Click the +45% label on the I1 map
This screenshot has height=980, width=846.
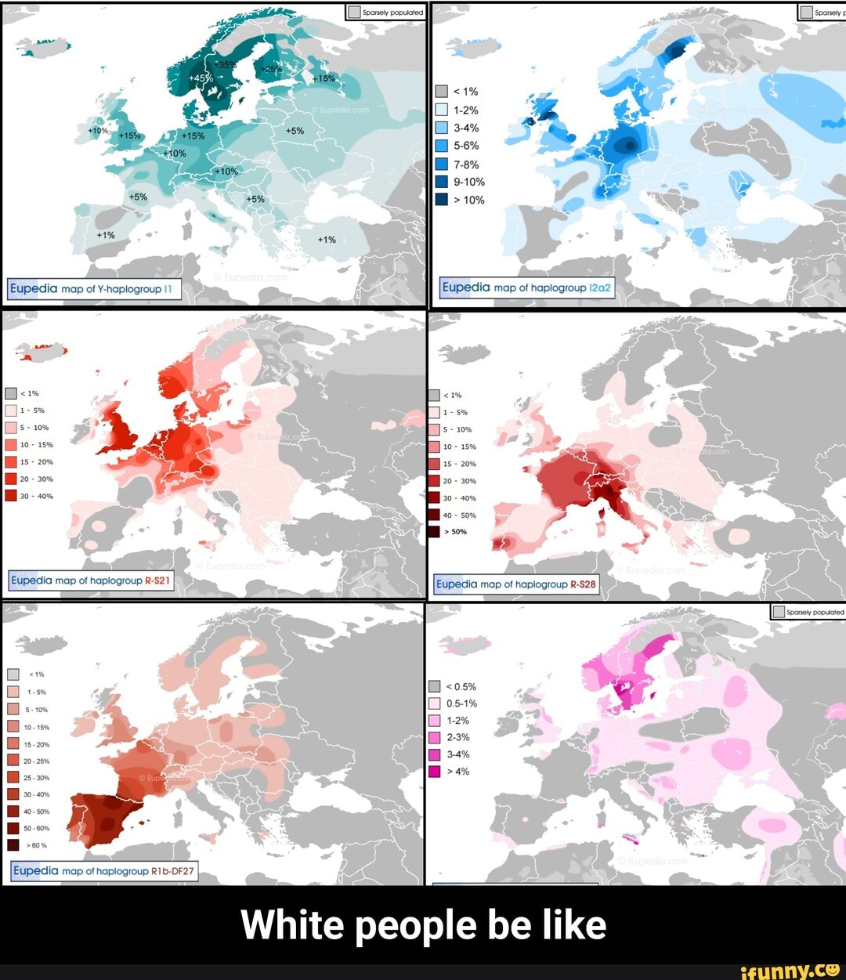click(201, 78)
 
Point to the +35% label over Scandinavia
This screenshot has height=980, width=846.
click(226, 64)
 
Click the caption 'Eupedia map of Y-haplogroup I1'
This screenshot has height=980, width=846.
click(95, 289)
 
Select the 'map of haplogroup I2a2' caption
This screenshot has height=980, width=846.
click(527, 287)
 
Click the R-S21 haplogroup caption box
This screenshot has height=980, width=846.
click(91, 580)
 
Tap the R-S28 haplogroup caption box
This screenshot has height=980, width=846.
click(516, 584)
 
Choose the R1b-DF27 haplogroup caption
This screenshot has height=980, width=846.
click(104, 870)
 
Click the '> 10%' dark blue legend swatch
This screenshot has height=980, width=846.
click(442, 200)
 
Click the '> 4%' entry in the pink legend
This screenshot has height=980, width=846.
click(450, 772)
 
